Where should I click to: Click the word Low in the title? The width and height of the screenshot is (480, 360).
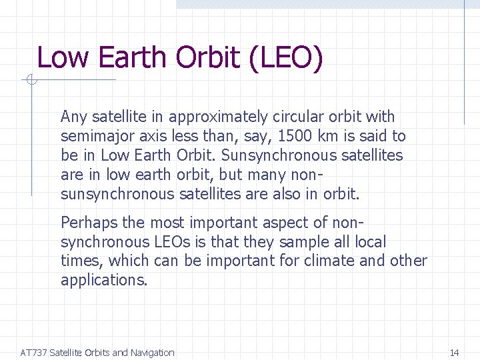(63, 57)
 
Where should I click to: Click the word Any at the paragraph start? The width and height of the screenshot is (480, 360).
(73, 117)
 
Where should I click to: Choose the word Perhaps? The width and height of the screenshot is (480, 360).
(87, 223)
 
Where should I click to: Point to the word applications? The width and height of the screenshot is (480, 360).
(104, 281)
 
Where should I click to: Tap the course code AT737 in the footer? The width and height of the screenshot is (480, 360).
(33, 353)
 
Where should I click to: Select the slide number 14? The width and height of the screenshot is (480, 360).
(455, 353)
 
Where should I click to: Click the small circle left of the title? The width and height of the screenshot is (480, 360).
(30, 81)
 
